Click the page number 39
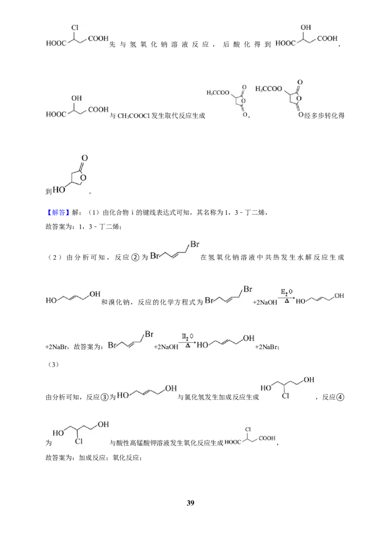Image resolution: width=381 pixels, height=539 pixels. [x=190, y=503]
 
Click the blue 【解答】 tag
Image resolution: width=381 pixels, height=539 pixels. [x=58, y=212]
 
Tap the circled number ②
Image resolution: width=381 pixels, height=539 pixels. [x=135, y=258]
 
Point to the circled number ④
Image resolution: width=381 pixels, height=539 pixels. [x=340, y=398]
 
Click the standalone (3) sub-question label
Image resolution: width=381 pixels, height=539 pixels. [x=53, y=365]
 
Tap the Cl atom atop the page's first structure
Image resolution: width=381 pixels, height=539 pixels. [x=75, y=28]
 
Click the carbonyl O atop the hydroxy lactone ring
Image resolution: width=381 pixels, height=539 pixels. [x=85, y=158]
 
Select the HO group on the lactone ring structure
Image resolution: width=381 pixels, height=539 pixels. [x=59, y=190]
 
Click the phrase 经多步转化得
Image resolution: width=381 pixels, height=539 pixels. [x=324, y=116]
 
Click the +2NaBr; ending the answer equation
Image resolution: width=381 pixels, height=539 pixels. [x=267, y=347]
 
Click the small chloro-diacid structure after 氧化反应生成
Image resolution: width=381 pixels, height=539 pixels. [x=250, y=437]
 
